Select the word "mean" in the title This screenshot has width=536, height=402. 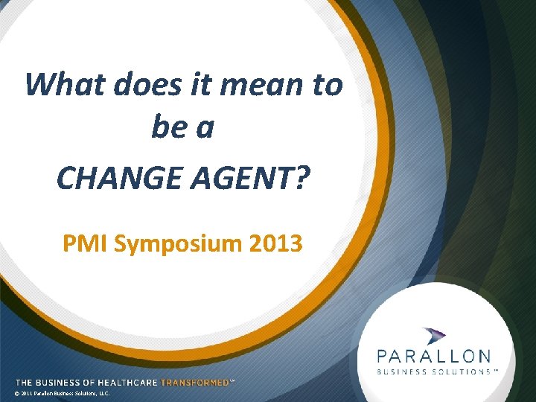pyautogui.click(x=261, y=85)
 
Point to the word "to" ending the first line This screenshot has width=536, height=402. pyautogui.click(x=327, y=85)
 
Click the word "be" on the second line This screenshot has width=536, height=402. pyautogui.click(x=167, y=128)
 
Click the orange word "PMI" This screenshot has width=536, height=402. pyautogui.click(x=85, y=243)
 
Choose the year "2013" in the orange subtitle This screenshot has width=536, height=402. pyautogui.click(x=277, y=243)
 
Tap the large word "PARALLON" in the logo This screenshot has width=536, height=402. pyautogui.click(x=433, y=357)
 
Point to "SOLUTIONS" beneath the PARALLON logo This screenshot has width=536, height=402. pyautogui.click(x=461, y=371)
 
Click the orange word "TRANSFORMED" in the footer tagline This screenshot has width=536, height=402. pyautogui.click(x=195, y=382)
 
